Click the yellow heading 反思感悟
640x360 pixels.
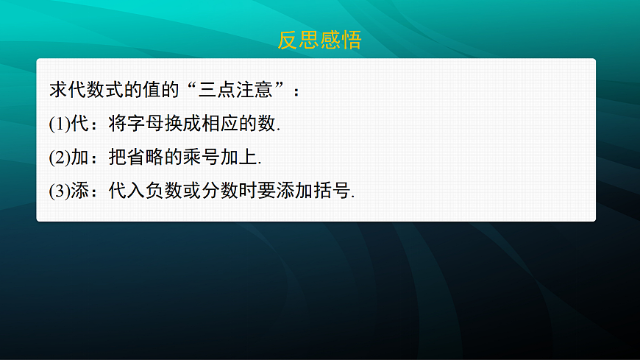pos(319,40)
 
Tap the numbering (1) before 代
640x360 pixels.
pos(59,124)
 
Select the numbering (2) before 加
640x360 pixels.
pos(59,158)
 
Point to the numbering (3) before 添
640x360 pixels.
pos(59,191)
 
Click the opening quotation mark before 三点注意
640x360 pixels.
pos(197,91)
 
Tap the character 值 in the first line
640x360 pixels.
pos(159,91)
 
